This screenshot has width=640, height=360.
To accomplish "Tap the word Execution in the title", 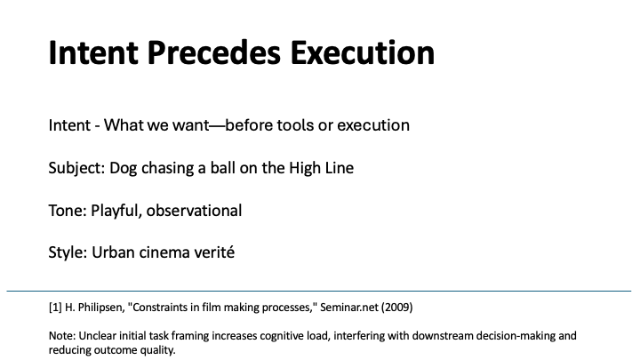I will pos(363,53).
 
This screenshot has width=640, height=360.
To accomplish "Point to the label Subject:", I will pos(77,167).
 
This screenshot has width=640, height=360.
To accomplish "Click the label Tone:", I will pos(68,211).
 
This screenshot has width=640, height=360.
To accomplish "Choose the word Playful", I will pos(116,211).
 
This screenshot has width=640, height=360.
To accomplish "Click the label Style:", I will pos(68,253).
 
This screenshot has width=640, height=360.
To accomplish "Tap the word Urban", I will pos(115,253).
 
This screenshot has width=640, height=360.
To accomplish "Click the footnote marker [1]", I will pos(55,308).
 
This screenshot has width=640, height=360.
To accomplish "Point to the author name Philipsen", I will pos(100,308).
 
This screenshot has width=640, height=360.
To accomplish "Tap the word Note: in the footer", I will pos(62,337).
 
